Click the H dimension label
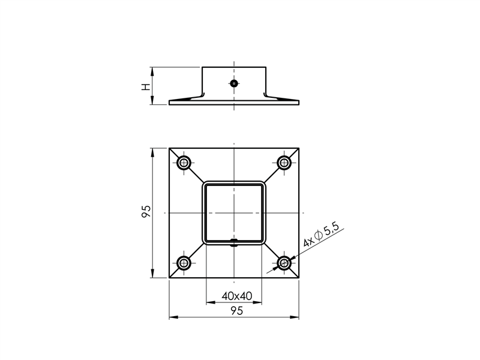pyautogui.click(x=145, y=86)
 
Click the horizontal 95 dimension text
pyautogui.click(x=235, y=310)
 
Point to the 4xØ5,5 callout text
pyautogui.click(x=322, y=235)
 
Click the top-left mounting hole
pyautogui.click(x=184, y=163)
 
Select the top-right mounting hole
pyautogui.click(x=284, y=163)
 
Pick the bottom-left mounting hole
pyautogui.click(x=184, y=263)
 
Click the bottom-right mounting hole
pyautogui.click(x=284, y=263)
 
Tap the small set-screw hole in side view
pyautogui.click(x=234, y=83)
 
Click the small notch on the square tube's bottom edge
pyautogui.click(x=234, y=242)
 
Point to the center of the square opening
pyautogui.click(x=234, y=213)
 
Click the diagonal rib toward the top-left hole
pyautogui.click(x=197, y=175)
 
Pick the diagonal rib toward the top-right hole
pyautogui.click(x=271, y=175)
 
